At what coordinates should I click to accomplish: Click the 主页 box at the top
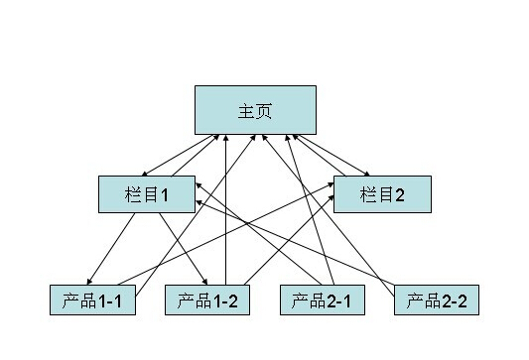[x=255, y=110]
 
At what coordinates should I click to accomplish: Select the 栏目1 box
[x=147, y=194]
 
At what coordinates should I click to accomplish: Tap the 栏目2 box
[x=383, y=194]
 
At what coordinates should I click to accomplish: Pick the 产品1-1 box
[x=91, y=300]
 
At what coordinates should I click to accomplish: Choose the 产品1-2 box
[x=206, y=300]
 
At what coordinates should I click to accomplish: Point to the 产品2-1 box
[x=322, y=300]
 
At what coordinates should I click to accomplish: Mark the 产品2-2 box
[x=436, y=300]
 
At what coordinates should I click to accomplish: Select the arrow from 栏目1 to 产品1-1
[x=111, y=249]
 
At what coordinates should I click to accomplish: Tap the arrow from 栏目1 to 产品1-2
[x=184, y=249]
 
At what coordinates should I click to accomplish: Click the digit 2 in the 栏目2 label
[x=400, y=194]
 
